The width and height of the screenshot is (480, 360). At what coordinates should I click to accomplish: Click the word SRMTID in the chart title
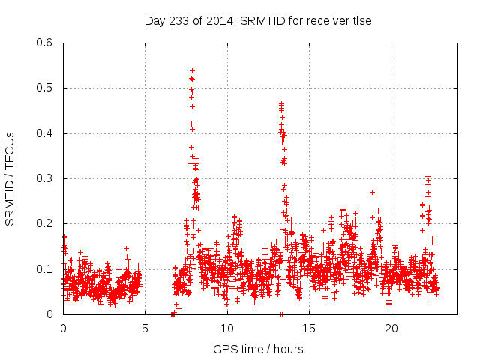(x=259, y=20)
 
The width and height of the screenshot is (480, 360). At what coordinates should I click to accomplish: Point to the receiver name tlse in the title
(x=361, y=20)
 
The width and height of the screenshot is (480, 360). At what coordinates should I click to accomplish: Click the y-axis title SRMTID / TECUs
(x=10, y=178)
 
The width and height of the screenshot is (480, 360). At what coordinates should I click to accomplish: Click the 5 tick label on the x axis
(x=145, y=328)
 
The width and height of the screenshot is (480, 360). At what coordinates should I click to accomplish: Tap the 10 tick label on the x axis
(x=227, y=328)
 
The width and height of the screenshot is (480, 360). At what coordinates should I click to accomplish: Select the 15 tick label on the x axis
(x=309, y=328)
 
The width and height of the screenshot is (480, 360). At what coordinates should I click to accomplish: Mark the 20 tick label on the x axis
(x=391, y=328)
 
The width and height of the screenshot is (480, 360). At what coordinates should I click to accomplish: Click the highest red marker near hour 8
(x=192, y=70)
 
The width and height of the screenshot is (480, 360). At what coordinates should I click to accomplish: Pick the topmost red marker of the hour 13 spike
(x=281, y=103)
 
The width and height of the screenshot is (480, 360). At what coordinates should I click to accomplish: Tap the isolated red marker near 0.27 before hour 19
(x=372, y=192)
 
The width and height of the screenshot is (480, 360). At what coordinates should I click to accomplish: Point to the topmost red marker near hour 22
(x=427, y=176)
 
